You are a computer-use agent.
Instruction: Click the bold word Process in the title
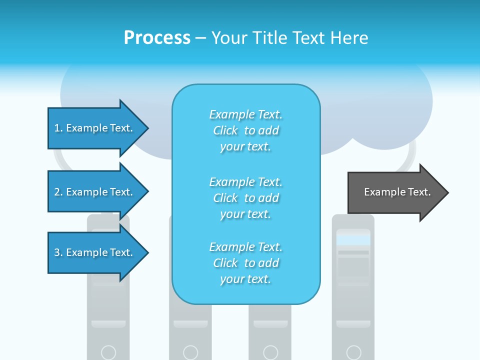(x=157, y=38)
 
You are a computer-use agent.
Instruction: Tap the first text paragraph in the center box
(x=245, y=130)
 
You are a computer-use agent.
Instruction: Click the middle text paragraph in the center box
(x=245, y=198)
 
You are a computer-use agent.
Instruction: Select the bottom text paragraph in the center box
(x=245, y=263)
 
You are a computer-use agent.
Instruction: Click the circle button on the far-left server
(x=108, y=352)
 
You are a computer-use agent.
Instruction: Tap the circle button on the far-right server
(x=353, y=352)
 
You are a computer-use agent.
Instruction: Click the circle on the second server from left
(x=190, y=352)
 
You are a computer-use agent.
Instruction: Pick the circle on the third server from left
(x=270, y=352)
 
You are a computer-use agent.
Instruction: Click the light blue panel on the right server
(x=353, y=240)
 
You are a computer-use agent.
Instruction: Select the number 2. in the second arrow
(x=58, y=192)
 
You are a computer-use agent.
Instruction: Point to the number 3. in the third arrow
(x=58, y=252)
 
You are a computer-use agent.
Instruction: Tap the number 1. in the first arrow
(x=58, y=128)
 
